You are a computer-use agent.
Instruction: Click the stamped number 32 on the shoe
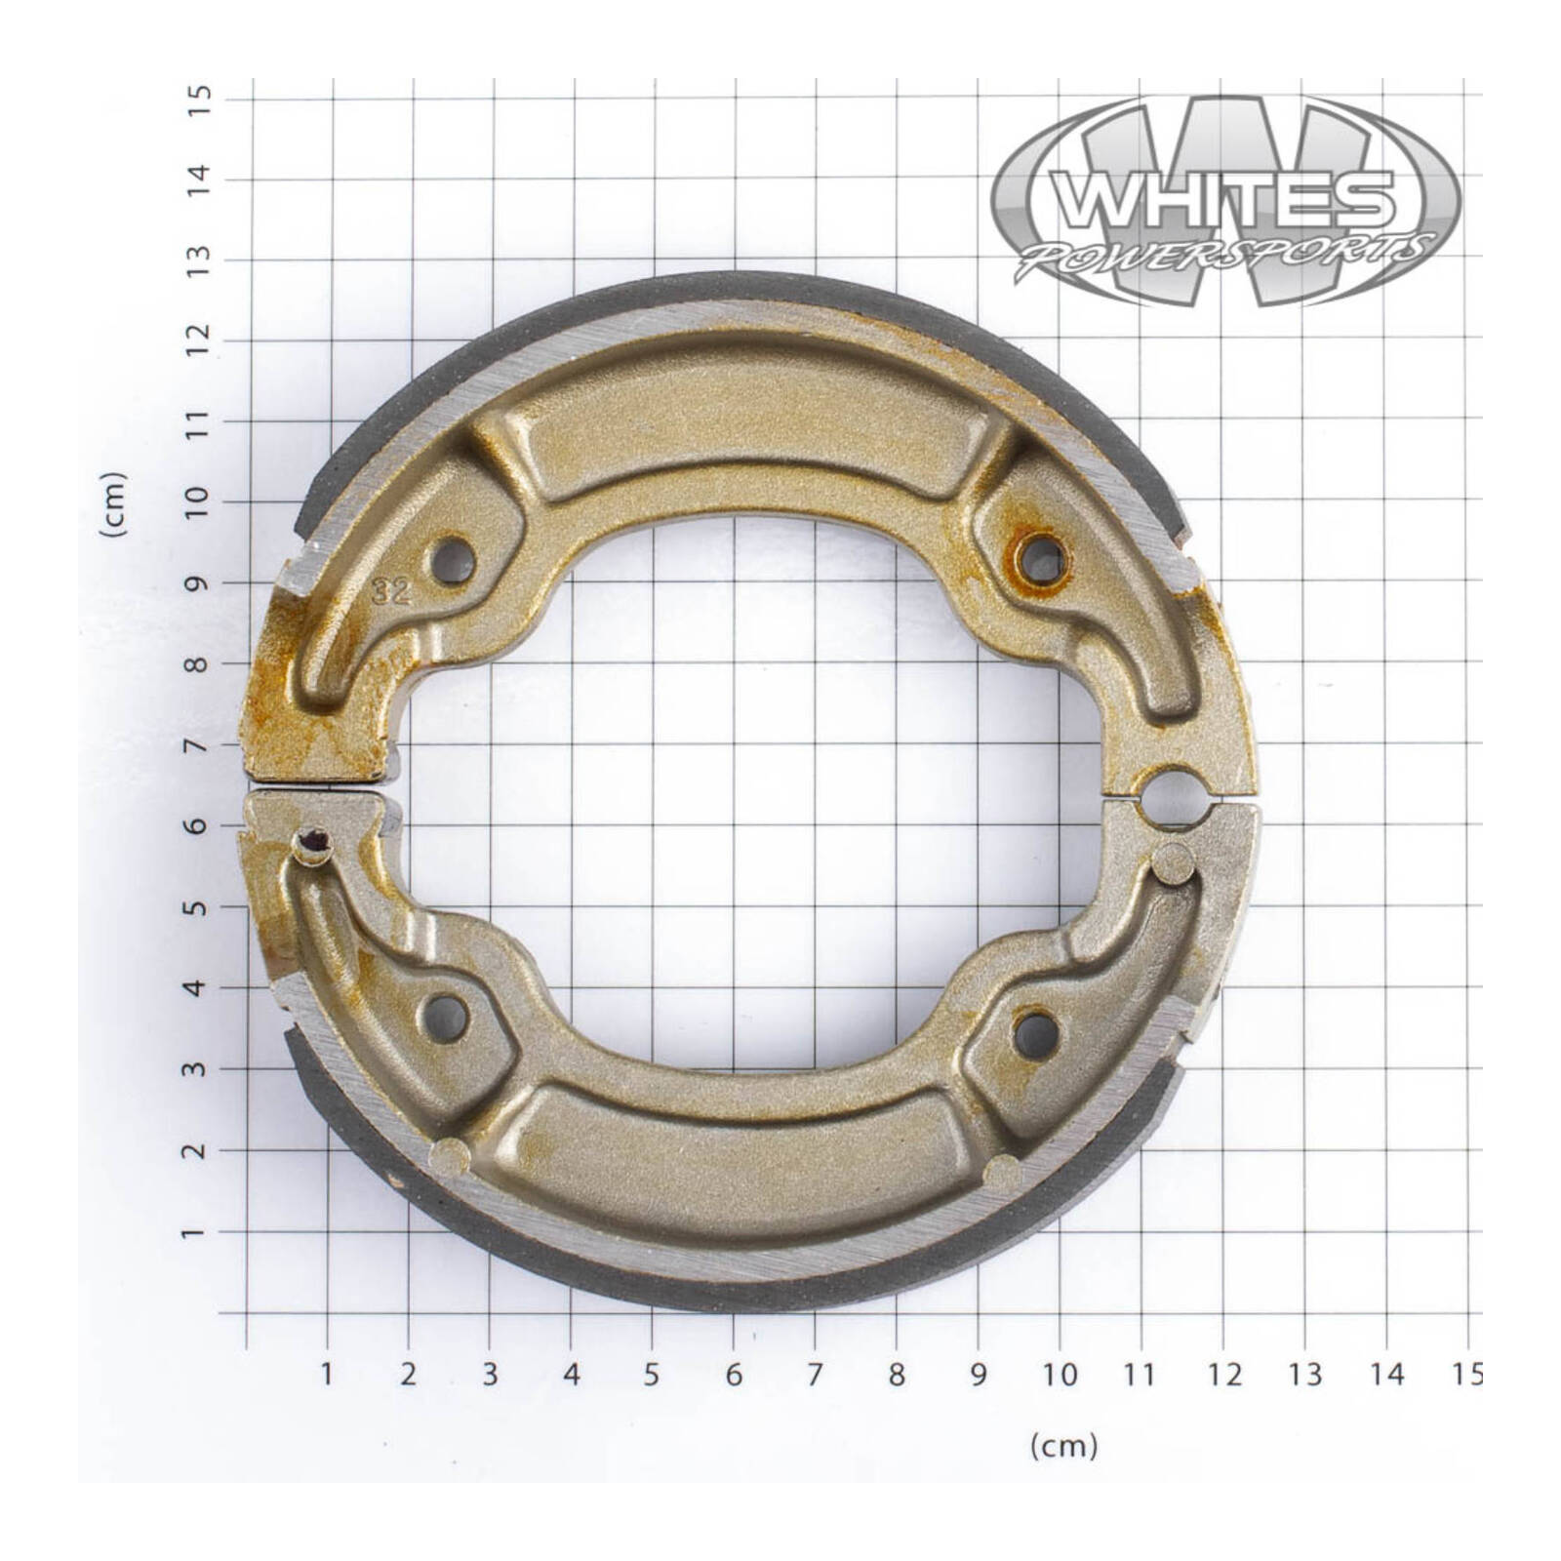pos(392,591)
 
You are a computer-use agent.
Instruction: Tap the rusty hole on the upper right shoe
pos(1043,560)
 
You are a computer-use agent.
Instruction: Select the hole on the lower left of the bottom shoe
pos(446,1018)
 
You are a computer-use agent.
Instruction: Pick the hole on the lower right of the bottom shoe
pos(1035,1033)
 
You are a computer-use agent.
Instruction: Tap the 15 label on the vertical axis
pos(199,100)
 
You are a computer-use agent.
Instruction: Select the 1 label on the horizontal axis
pos(327,1375)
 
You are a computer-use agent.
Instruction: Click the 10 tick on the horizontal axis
pos(1060,1375)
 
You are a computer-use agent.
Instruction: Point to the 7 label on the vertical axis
pos(199,745)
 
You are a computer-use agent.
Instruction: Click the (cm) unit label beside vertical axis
pos(115,503)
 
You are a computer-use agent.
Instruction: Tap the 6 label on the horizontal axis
pos(734,1375)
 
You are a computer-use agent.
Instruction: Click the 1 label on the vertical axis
pos(199,1233)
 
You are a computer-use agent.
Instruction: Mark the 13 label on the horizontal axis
pos(1304,1375)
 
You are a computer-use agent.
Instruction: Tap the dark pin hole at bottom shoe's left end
pos(313,840)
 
